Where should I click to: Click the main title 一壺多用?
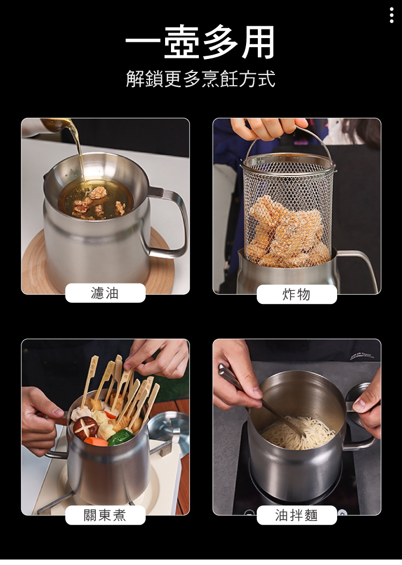[200, 42]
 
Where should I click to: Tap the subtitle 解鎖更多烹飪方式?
[200, 79]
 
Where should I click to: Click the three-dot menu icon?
[392, 15]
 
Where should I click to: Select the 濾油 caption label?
[105, 293]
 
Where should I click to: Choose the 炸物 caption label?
[296, 294]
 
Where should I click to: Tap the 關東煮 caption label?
[105, 515]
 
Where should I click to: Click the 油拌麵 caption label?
[296, 515]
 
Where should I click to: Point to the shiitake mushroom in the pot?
[86, 426]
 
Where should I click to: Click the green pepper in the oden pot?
[121, 438]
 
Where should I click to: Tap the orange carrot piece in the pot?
[95, 441]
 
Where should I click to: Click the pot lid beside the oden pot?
[169, 433]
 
